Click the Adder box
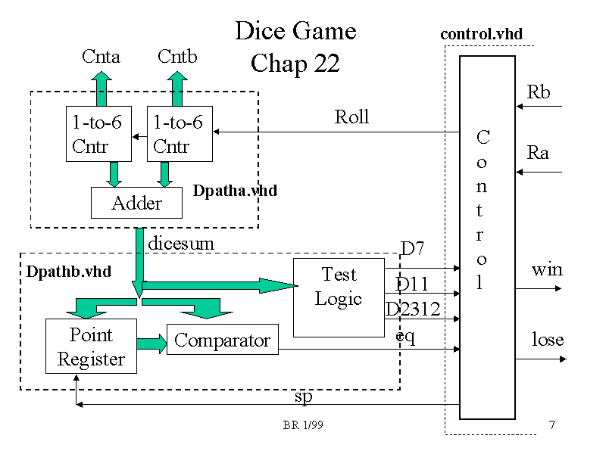136,202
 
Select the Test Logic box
338,297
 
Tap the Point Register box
91,346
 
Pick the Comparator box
222,340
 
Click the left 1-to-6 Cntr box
98,134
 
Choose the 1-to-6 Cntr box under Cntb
179,134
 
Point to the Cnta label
101,56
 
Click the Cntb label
178,56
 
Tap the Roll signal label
351,117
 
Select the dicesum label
181,244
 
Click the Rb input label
539,92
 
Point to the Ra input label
538,153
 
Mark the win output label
547,269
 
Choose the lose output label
548,339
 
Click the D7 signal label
412,248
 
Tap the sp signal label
303,396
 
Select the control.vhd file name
481,34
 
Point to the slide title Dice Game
295,31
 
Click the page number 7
552,425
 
